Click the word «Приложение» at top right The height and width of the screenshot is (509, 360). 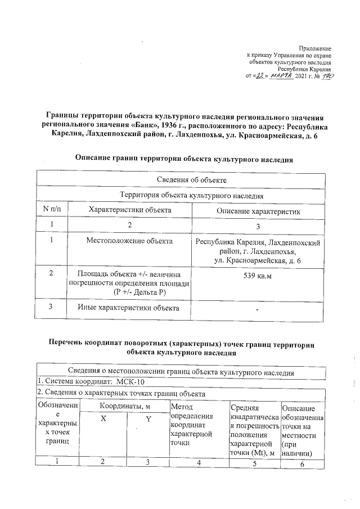[x=316, y=49]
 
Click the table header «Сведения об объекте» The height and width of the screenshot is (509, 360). [x=183, y=180]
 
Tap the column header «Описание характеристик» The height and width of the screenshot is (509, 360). [x=258, y=210]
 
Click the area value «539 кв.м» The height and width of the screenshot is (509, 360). [x=258, y=277]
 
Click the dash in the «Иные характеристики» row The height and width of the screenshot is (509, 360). [x=258, y=310]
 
